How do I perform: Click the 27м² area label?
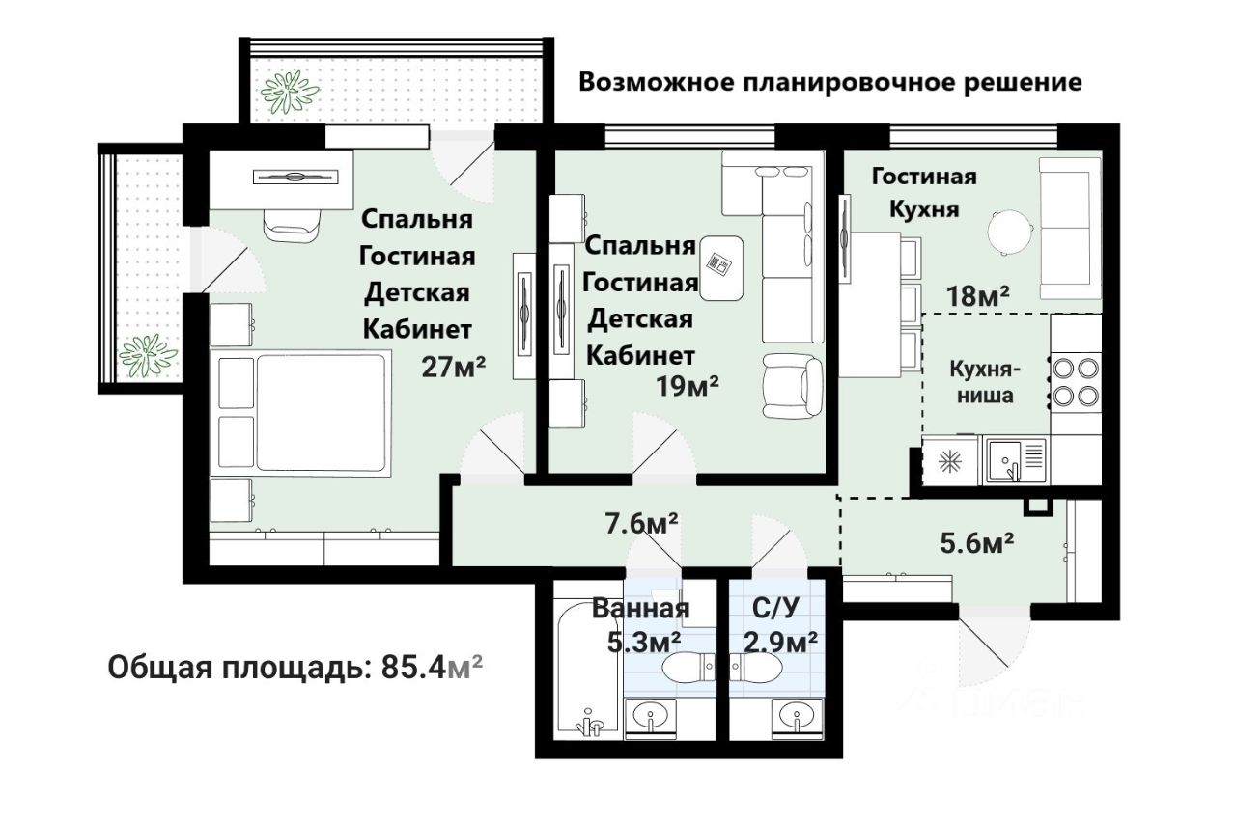pyautogui.click(x=454, y=367)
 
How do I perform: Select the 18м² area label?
pyautogui.click(x=978, y=296)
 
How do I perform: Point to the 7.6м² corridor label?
pyautogui.click(x=641, y=523)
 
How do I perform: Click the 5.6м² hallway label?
pyautogui.click(x=976, y=543)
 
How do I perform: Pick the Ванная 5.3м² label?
pyautogui.click(x=641, y=625)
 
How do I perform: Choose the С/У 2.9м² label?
pyautogui.click(x=779, y=625)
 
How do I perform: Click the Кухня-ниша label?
pyautogui.click(x=984, y=381)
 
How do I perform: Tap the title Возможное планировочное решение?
pyautogui.click(x=829, y=83)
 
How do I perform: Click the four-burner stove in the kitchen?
pyautogui.click(x=1076, y=381)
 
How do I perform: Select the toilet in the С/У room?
pyautogui.click(x=756, y=668)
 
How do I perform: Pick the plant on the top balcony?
pyautogui.click(x=289, y=93)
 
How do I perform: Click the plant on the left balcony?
pyautogui.click(x=148, y=356)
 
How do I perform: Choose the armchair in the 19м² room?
pyautogui.click(x=793, y=386)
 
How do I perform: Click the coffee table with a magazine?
pyautogui.click(x=721, y=268)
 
